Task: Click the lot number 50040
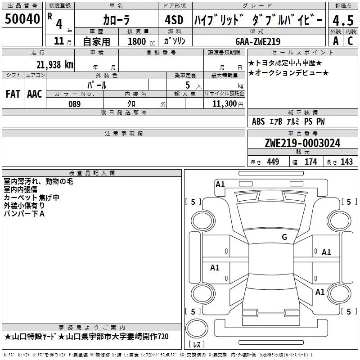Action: (x=22, y=18)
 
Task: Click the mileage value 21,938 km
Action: (x=54, y=64)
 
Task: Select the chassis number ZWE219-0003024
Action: (x=302, y=143)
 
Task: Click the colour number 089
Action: (x=74, y=104)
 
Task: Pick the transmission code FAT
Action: (x=13, y=94)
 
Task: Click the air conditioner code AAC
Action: (x=34, y=94)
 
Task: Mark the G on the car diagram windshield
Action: (x=284, y=237)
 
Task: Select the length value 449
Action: (x=273, y=162)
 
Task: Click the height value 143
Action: (x=346, y=162)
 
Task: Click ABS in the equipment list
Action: (x=258, y=121)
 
